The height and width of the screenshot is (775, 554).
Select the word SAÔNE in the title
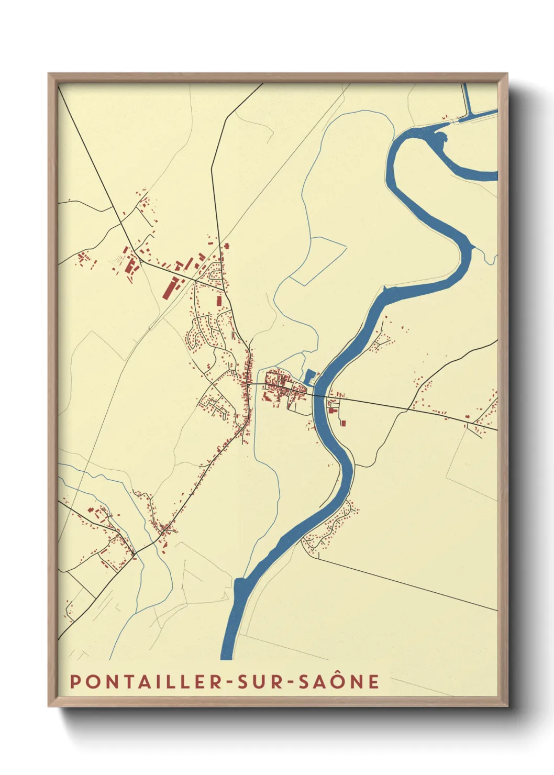(x=339, y=681)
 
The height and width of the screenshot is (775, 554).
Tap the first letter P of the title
(x=75, y=681)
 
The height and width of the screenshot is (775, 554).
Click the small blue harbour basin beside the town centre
(x=309, y=377)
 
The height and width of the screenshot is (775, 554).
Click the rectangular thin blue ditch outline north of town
(x=319, y=261)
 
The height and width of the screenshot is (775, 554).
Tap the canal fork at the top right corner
(x=467, y=115)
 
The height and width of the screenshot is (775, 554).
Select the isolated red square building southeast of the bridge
(x=344, y=422)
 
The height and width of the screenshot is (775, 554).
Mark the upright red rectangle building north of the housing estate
(x=219, y=301)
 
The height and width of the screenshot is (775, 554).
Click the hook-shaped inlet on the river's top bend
(x=441, y=139)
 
